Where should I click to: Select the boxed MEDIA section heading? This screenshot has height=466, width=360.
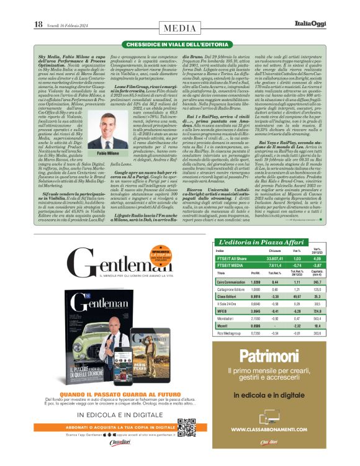click(179, 28)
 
